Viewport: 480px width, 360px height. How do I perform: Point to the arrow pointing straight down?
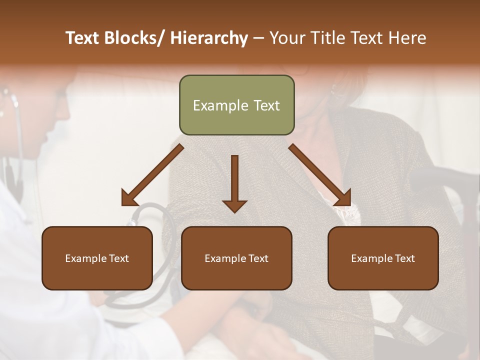[234, 180]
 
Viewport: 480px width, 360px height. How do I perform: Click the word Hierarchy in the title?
[209, 38]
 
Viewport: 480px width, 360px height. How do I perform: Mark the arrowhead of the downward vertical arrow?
[234, 205]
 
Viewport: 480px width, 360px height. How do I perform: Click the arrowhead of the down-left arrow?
[129, 198]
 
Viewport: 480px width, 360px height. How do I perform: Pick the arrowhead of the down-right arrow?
[343, 198]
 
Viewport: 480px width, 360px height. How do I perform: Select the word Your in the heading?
[286, 38]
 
